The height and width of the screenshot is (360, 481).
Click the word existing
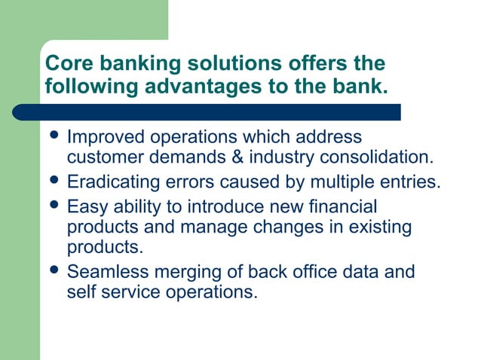[x=374, y=226]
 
